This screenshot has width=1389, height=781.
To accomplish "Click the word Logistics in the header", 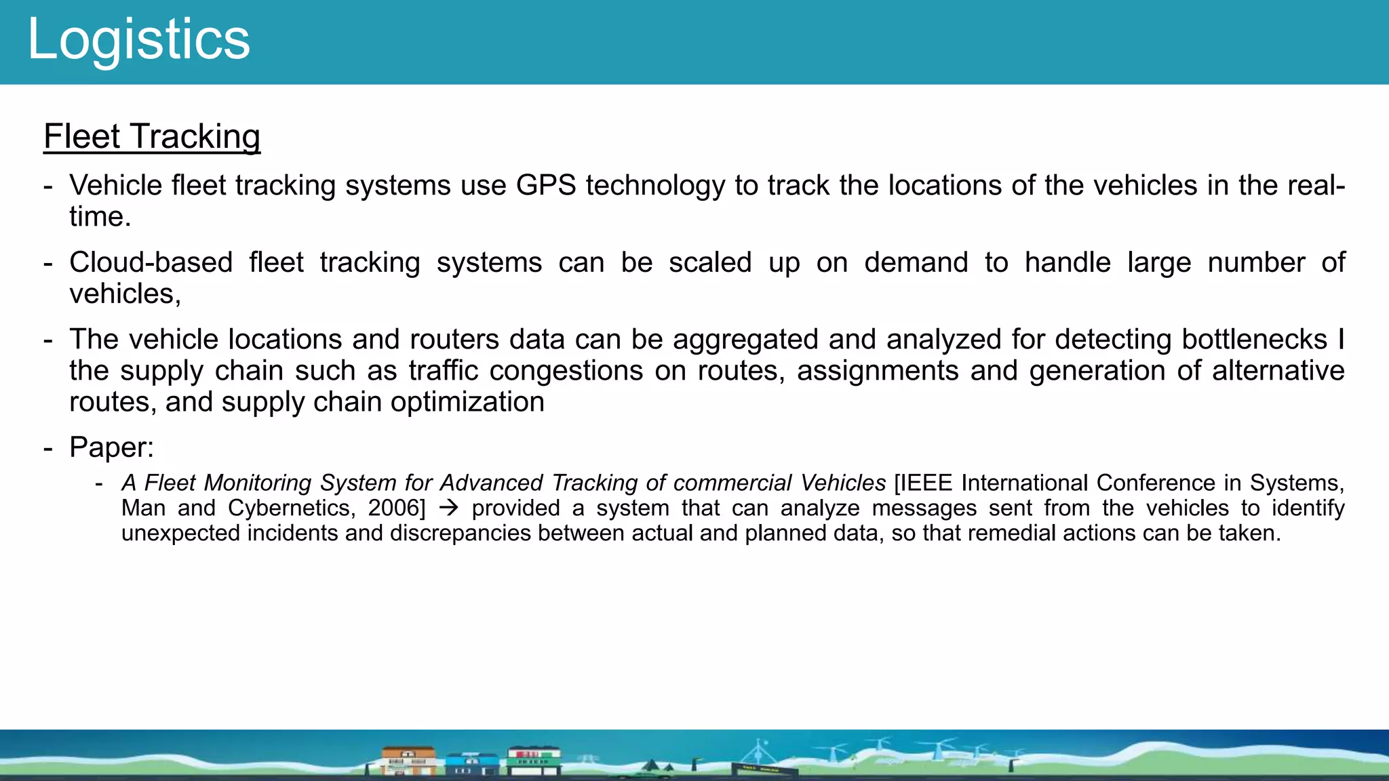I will pos(138,39).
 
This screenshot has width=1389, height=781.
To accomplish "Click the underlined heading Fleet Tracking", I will pos(152,136).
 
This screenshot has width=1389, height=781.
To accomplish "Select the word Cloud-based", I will pos(151,262).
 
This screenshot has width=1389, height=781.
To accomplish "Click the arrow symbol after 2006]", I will pos(448,508).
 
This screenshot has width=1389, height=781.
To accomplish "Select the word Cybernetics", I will pos(291,508).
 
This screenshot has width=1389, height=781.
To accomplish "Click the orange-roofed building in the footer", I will pos(408,760).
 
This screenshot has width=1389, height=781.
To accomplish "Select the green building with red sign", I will pos(534,759).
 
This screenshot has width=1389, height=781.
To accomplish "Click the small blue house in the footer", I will pos(471,763).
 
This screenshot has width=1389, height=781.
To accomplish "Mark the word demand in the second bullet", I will pos(916,262).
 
